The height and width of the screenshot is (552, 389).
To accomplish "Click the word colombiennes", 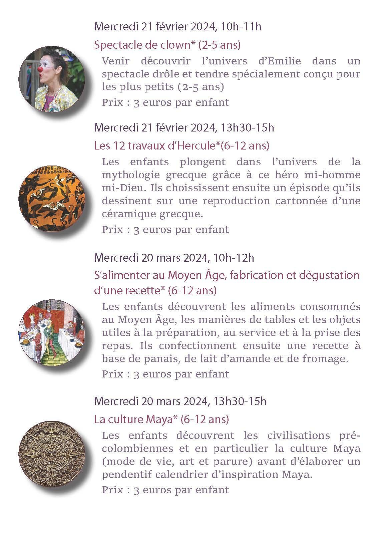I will pos(137,449).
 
